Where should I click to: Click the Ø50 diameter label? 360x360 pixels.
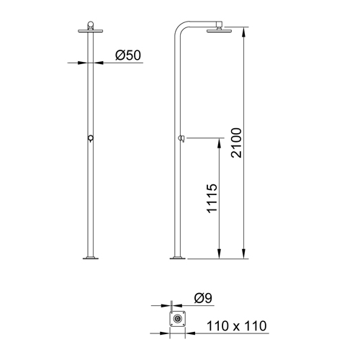click(x=128, y=54)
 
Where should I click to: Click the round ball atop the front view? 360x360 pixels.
click(x=89, y=24)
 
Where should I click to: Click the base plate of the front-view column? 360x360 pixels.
click(x=89, y=258)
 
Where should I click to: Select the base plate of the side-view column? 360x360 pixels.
click(x=177, y=258)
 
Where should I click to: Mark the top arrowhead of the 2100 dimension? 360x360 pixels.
click(x=246, y=32)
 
